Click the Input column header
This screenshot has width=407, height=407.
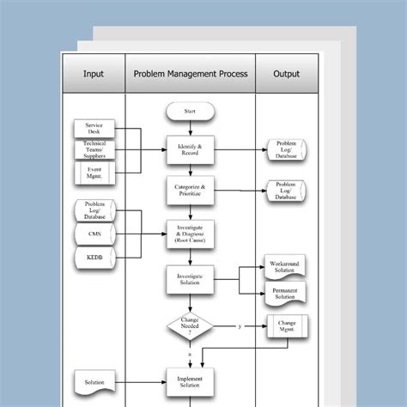point(94,74)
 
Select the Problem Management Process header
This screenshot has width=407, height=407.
point(191,74)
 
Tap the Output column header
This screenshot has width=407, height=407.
point(286,74)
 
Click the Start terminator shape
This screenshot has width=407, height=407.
point(190,112)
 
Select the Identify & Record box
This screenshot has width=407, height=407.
point(190,149)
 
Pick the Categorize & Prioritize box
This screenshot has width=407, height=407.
point(190,191)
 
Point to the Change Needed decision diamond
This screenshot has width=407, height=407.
point(190,325)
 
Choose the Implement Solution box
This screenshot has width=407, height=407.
point(190,381)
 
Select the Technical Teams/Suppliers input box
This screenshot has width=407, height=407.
point(94,150)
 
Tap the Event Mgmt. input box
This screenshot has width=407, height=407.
point(94,174)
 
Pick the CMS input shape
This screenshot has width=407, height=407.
point(94,234)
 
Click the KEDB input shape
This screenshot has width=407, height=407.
point(94,258)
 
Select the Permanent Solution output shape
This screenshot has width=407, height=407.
point(283,292)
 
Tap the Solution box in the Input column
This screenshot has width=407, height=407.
point(94,381)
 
